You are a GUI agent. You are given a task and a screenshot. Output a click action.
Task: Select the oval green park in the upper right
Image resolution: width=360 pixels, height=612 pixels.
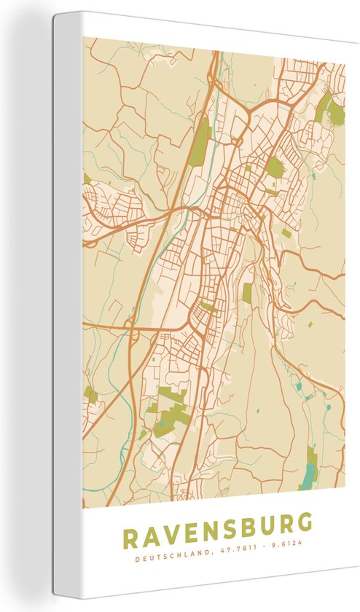click(x=274, y=168)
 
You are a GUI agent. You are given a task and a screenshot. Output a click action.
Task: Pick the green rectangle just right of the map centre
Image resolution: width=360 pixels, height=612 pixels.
click(x=248, y=292)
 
